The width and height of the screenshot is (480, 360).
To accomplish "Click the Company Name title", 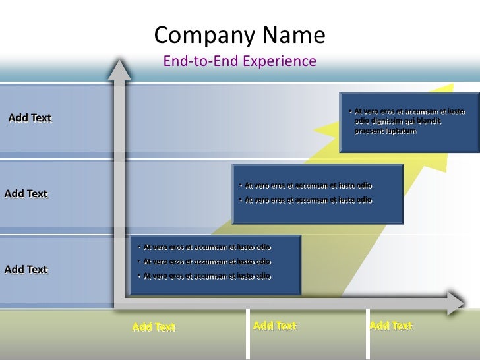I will (239, 36).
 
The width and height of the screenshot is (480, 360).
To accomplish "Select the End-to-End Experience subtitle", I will (239, 62).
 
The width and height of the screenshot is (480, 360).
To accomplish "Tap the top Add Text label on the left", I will (30, 118).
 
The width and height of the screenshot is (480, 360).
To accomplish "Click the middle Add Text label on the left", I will (26, 194).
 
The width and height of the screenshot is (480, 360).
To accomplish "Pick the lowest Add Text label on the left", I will (26, 270).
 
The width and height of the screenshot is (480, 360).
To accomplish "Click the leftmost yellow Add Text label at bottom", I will (154, 327).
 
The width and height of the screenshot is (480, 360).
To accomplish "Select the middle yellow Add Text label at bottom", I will (275, 326).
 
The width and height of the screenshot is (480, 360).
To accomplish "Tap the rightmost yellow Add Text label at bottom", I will (391, 326).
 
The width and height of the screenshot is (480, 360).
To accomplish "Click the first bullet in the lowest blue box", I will (207, 247).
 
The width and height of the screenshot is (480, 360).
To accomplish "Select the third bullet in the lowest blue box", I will (207, 276).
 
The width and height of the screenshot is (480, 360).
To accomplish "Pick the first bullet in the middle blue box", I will (308, 185).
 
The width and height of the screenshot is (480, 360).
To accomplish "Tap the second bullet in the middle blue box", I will (308, 200).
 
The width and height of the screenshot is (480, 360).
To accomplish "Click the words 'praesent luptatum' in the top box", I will (385, 131).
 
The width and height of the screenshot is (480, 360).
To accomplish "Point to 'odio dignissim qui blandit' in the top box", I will (397, 121).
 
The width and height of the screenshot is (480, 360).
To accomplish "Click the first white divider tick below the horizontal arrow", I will (249, 334).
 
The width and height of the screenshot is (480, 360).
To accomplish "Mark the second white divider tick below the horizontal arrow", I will (366, 334).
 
